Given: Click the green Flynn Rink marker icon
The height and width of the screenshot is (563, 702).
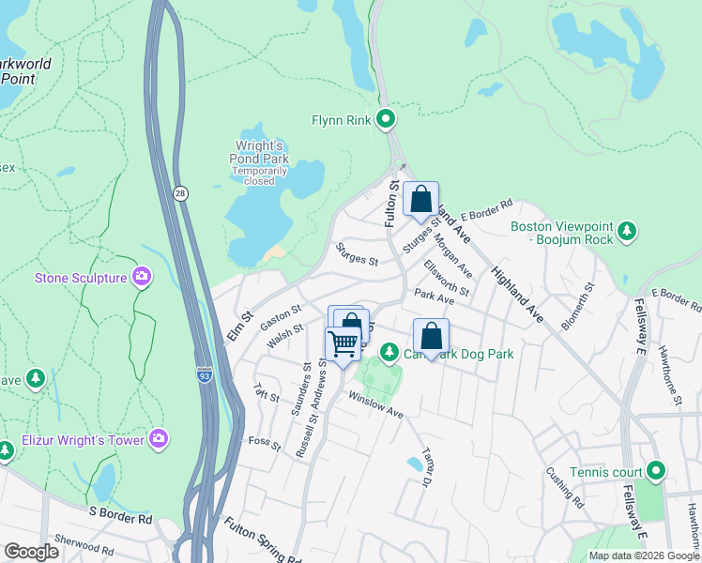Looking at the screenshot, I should click(x=385, y=119).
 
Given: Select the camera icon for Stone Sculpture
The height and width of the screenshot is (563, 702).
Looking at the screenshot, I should click(x=142, y=277).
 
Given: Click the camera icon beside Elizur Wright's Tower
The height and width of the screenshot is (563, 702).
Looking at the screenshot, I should click(x=160, y=439).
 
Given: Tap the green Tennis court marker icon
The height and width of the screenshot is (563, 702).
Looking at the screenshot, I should click(x=656, y=470).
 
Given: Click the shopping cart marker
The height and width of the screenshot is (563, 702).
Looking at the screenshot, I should click(x=343, y=344).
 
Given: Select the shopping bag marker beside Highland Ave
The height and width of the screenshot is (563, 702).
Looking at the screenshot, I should click(x=421, y=199).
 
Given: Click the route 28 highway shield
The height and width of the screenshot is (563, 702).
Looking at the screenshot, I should click(x=180, y=192).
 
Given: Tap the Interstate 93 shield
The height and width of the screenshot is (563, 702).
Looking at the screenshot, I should click(x=205, y=374).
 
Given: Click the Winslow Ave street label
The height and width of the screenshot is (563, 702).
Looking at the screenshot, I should click(x=375, y=405).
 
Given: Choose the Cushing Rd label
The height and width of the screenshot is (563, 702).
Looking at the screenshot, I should click(x=565, y=488).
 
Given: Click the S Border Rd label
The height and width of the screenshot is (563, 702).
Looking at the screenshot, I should click(x=120, y=516).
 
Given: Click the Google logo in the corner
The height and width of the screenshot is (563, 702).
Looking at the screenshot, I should click(x=31, y=552).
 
